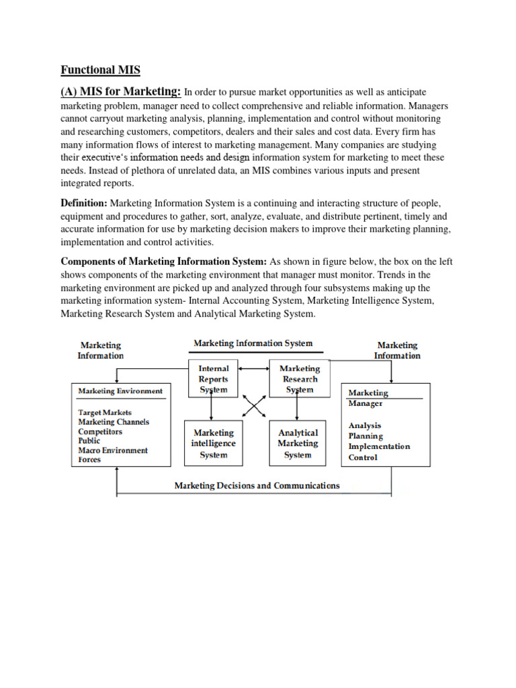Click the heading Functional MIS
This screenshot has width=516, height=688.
[100, 70]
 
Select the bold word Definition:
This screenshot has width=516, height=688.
[84, 203]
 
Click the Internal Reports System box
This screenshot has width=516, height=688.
[213, 379]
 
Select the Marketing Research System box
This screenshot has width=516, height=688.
[299, 379]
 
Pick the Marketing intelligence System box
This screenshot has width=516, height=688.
[213, 443]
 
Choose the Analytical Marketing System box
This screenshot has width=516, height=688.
[298, 443]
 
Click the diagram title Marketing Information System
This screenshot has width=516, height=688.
[253, 343]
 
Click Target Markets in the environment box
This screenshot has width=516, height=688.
[105, 412]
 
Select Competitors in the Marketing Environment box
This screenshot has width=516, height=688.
[100, 431]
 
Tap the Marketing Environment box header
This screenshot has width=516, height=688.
[120, 390]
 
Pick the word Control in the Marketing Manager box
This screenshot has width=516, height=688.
[363, 458]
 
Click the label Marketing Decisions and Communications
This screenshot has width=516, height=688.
[257, 485]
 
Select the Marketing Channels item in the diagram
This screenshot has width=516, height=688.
[114, 422]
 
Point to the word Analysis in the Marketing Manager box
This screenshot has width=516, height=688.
[365, 425]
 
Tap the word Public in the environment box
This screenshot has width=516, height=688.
[89, 441]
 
